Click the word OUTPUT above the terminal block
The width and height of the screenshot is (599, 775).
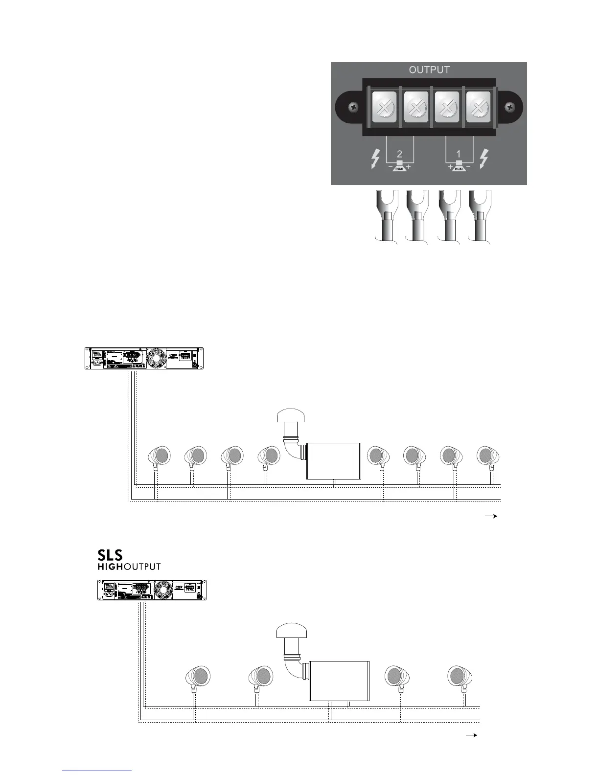(429, 70)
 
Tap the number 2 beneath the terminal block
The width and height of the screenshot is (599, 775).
(399, 154)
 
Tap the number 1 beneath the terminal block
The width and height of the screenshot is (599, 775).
(459, 154)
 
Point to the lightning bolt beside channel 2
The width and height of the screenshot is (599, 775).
(375, 159)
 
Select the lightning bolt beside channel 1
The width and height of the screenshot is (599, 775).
(484, 159)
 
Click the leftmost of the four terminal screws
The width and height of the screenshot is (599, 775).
(384, 107)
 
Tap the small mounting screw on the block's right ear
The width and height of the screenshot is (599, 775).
(509, 106)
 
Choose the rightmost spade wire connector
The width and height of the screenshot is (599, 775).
(480, 215)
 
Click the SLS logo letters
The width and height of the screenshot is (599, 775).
(110, 555)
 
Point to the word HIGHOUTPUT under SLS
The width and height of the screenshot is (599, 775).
(129, 567)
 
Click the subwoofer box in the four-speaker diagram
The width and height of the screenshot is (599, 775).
(339, 681)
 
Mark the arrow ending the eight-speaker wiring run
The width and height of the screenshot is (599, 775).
(491, 516)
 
